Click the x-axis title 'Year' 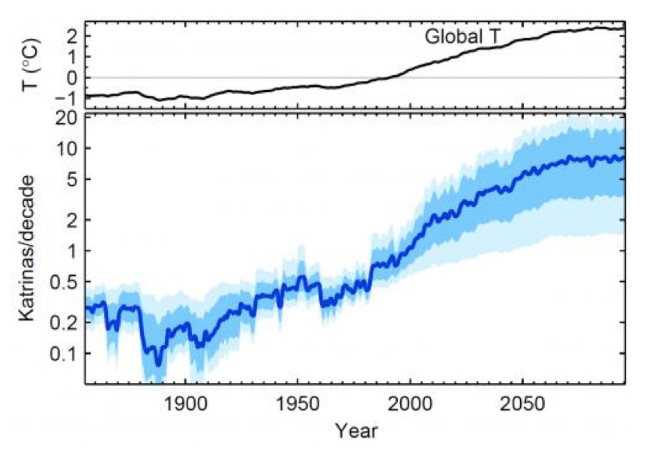pos(356,430)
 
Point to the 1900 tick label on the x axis pos(185,403)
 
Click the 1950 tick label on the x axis pos(298,403)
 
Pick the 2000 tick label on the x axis pos(410,403)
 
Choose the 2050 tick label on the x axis pos(522,403)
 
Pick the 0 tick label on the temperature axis pos(72,78)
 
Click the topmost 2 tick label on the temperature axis pos(72,35)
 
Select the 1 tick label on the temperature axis pos(72,57)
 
